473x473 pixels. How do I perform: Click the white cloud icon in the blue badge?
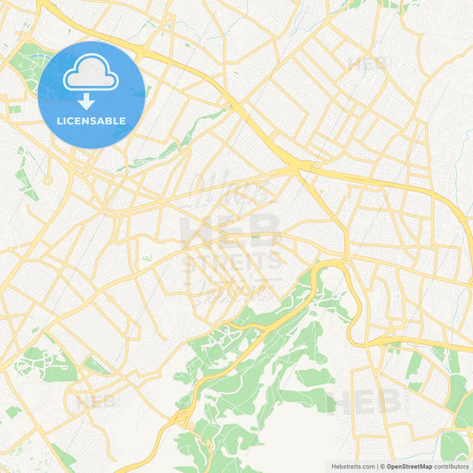point(91,75)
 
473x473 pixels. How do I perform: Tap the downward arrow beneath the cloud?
point(91,101)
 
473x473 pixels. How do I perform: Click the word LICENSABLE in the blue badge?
point(91,120)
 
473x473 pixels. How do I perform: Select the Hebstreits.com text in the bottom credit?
point(351,466)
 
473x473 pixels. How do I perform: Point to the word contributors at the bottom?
point(452,466)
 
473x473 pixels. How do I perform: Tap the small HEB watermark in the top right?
point(367,63)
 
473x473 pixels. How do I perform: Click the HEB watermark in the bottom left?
point(95,400)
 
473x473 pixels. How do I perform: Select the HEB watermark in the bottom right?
point(364,402)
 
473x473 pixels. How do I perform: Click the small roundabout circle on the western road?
point(47,180)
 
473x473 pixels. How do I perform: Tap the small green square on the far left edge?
point(14,109)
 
